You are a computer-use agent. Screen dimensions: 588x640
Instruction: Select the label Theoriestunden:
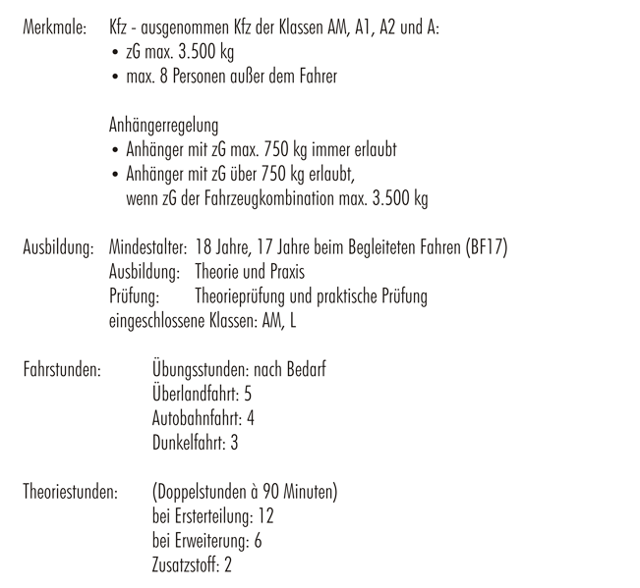(72, 492)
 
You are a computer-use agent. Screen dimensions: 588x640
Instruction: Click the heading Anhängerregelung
(164, 126)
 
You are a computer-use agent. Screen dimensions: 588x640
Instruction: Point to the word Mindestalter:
(149, 247)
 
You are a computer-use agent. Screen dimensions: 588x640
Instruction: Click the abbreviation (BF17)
(485, 247)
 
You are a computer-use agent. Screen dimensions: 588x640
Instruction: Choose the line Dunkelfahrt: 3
(196, 443)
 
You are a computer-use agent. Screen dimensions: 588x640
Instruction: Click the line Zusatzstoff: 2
(193, 564)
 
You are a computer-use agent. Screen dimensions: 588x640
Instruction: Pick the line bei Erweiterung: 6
(207, 540)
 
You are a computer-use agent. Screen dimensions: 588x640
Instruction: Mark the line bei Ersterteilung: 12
(213, 516)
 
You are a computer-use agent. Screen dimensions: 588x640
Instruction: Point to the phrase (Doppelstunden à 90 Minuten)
(246, 492)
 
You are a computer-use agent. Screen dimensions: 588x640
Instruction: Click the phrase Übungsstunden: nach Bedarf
(239, 370)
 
